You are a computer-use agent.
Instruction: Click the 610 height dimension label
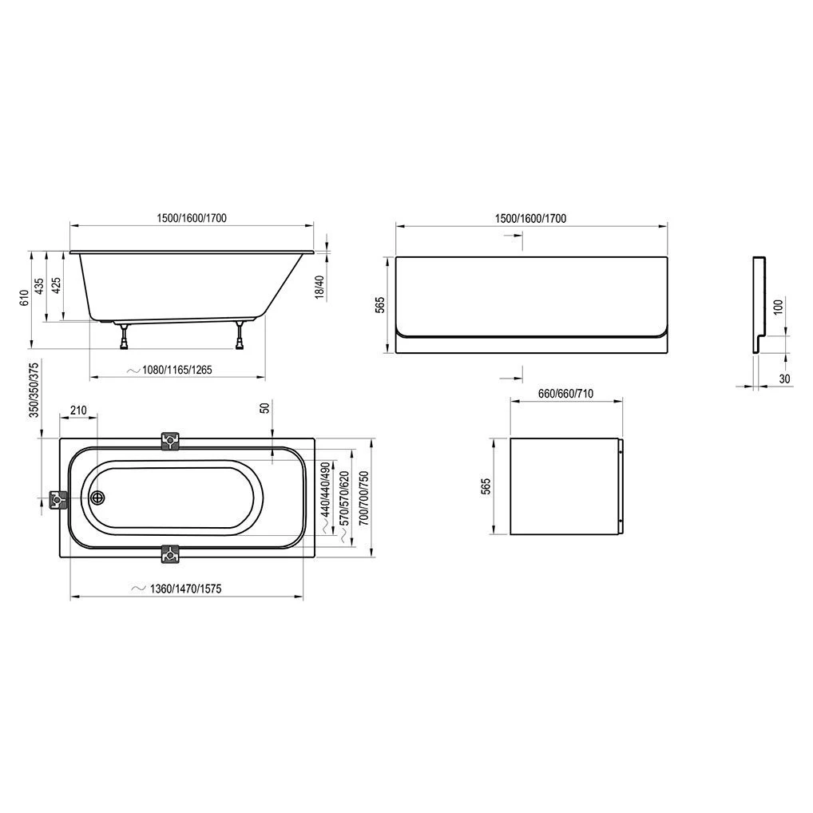[x=24, y=298]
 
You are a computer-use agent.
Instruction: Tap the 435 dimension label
[x=39, y=287]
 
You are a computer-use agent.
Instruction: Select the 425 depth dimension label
[x=56, y=284]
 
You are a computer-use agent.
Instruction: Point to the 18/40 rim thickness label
[x=320, y=288]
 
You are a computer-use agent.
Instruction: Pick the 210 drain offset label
[x=78, y=410]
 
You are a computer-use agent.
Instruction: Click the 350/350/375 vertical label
[x=34, y=391]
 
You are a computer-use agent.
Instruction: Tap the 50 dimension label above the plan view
[x=265, y=407]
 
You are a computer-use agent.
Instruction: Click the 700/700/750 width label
[x=364, y=498]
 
